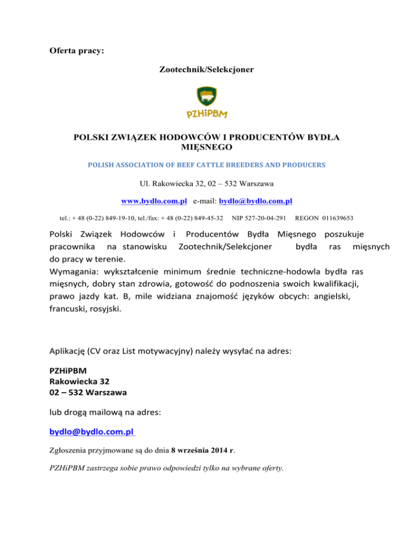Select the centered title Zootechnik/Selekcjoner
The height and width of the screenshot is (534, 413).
click(206, 70)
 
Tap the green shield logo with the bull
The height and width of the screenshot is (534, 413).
click(206, 97)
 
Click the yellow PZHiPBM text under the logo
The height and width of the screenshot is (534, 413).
click(206, 114)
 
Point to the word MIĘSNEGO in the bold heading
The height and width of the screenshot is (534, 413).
click(206, 146)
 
